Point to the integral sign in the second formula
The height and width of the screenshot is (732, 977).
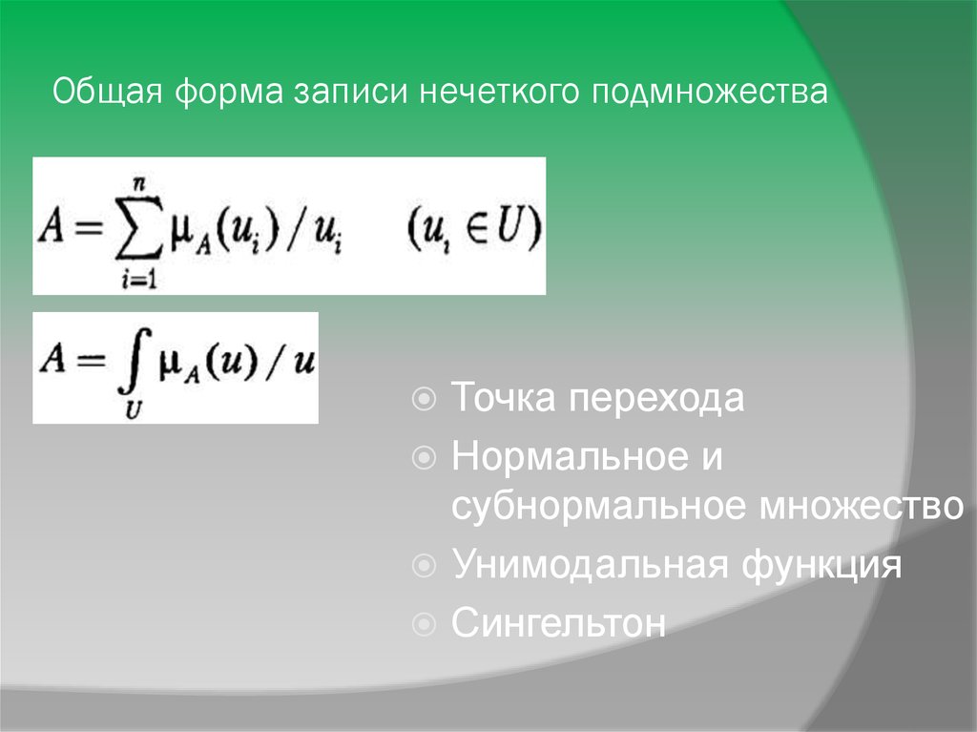[x=132, y=367]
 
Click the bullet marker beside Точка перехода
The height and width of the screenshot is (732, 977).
[x=426, y=396]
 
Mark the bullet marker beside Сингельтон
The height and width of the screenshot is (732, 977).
[x=426, y=625]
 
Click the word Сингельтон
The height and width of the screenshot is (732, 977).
[x=559, y=624]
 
